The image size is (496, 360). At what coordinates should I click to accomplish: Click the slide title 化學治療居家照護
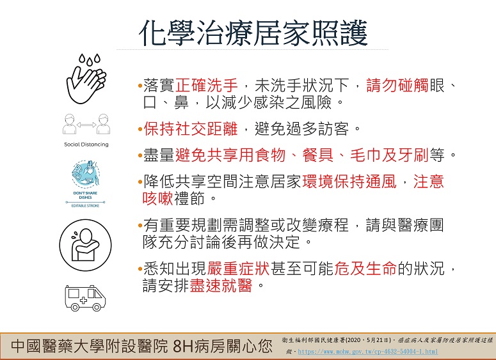point(253,33)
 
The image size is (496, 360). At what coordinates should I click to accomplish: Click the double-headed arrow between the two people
point(86,125)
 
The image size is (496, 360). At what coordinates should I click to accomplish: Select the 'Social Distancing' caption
point(86,145)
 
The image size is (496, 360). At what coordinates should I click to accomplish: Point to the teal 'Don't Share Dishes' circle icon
point(86,174)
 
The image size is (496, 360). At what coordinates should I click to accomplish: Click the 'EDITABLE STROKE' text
point(85,206)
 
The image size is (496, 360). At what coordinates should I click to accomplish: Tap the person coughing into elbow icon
point(85,245)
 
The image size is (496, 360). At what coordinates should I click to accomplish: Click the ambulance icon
point(85,298)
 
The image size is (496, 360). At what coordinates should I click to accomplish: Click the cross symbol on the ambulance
point(83,301)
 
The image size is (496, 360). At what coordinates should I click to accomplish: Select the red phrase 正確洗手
point(207,85)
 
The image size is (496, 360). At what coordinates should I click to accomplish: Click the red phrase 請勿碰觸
point(397,85)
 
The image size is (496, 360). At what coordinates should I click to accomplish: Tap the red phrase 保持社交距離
point(191,129)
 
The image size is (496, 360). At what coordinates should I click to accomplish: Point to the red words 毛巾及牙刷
point(389,155)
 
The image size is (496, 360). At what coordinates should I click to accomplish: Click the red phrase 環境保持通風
point(349,182)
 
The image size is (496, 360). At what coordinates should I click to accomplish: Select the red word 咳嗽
point(158,198)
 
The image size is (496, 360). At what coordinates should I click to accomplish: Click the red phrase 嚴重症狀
point(239,269)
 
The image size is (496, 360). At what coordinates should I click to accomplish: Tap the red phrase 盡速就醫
point(221,285)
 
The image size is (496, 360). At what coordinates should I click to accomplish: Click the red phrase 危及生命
point(365,269)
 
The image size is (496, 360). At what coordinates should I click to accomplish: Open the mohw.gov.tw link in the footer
point(368,352)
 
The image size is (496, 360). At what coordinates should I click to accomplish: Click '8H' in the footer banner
point(183,347)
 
